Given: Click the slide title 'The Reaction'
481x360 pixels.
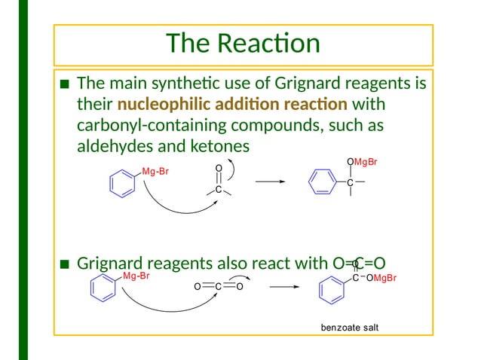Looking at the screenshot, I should [x=243, y=44].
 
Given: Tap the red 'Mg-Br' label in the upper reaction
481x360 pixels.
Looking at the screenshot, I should [x=155, y=172].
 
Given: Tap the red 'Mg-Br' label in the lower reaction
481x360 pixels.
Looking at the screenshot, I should [x=136, y=277].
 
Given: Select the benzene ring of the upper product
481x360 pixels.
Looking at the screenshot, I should [x=322, y=182].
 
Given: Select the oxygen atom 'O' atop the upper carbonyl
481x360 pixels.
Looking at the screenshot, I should [x=218, y=168].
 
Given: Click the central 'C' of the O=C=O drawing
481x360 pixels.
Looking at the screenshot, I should [x=217, y=287].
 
